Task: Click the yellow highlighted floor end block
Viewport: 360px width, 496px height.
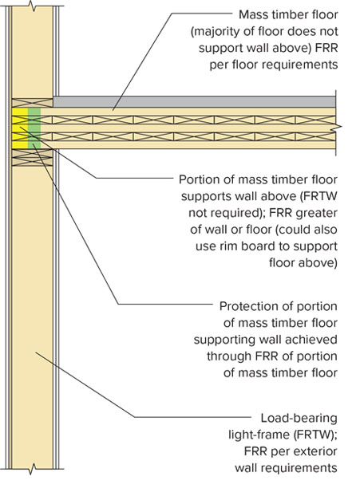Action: [20, 128]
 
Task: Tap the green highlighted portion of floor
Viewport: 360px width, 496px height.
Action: [34, 128]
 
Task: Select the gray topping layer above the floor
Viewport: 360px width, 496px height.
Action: [194, 102]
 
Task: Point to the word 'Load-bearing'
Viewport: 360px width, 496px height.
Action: [299, 418]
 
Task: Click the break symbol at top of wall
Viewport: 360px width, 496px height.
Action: [32, 6]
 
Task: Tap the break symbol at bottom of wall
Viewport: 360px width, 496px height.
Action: [32, 469]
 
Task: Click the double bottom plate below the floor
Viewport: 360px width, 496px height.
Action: [32, 158]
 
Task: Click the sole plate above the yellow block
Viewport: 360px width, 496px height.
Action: [32, 103]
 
